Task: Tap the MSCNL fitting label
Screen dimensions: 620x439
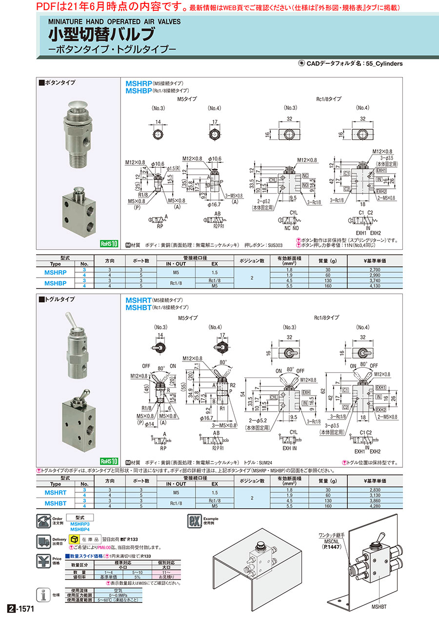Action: pyautogui.click(x=331, y=541)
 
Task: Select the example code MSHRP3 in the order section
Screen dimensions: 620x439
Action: pyautogui.click(x=80, y=524)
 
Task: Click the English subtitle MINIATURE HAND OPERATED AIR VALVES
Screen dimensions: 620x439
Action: pyautogui.click(x=114, y=21)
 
